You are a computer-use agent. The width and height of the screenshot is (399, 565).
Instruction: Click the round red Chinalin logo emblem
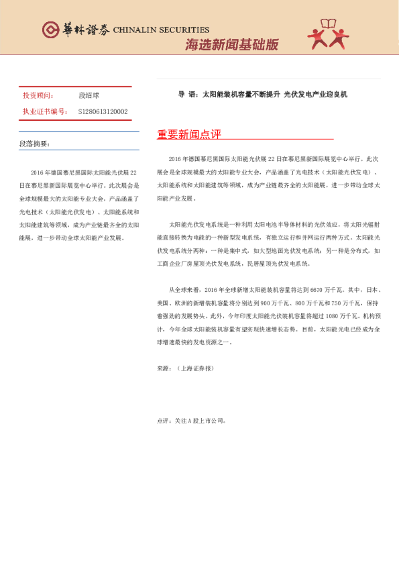(x=50, y=30)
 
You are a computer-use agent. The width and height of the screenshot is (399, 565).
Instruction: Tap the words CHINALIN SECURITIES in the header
(x=162, y=30)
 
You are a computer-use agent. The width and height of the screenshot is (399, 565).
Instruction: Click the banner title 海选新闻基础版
(x=231, y=45)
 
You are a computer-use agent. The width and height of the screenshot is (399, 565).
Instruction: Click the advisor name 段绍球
(x=89, y=96)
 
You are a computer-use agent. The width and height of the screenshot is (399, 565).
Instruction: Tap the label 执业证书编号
(x=45, y=111)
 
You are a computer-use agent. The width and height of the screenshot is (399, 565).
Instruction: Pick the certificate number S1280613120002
(x=103, y=111)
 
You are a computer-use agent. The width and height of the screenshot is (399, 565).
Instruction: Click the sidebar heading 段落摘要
(x=34, y=144)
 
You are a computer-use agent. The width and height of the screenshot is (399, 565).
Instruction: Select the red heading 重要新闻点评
(x=189, y=134)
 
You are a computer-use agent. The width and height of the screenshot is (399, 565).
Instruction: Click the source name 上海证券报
(x=196, y=368)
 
